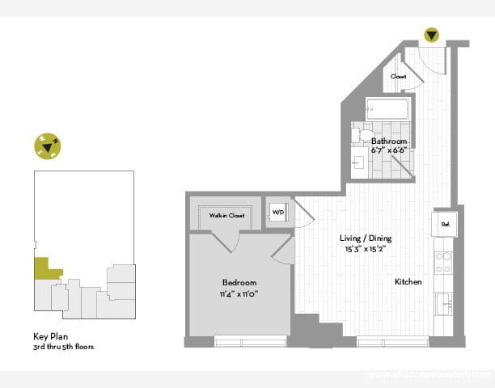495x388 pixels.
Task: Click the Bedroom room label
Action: point(239,282)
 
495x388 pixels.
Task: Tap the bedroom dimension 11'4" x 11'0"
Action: point(239,293)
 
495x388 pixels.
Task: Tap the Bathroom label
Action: point(387,141)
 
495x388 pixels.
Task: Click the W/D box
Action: point(277,213)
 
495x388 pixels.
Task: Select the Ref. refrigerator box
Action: point(445,223)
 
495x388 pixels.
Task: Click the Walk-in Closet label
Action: point(226,216)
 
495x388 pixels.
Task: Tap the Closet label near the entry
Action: point(398,77)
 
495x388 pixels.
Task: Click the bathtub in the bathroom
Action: point(387,109)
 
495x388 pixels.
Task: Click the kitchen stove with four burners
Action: point(444,262)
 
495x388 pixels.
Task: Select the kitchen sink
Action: point(443,305)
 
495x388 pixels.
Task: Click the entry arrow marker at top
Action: point(432,36)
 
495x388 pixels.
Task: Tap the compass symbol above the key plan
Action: point(47,145)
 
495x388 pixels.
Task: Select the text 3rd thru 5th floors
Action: point(64,347)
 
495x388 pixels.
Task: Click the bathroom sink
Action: point(359,162)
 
